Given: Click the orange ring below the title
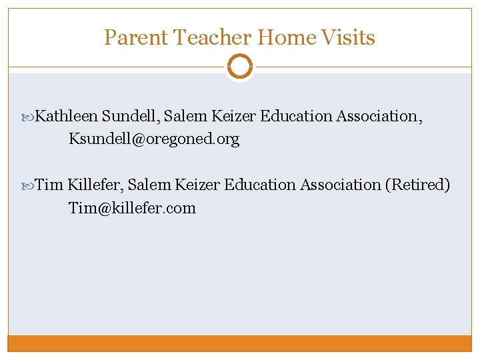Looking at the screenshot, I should (x=239, y=67).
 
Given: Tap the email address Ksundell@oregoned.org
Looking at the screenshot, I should (x=154, y=139).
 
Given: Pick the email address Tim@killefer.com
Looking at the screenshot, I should (x=132, y=208).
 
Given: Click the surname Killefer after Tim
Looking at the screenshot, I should (x=94, y=185).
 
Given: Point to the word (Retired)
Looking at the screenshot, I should (x=418, y=185).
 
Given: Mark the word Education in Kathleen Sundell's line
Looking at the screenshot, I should (x=296, y=116).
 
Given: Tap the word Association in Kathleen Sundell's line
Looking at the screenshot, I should (x=377, y=116).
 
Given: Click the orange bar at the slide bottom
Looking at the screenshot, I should (x=239, y=343).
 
